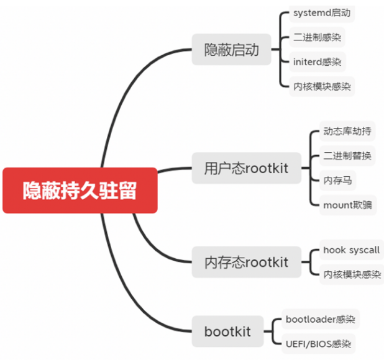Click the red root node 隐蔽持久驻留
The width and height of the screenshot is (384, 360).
click(x=80, y=191)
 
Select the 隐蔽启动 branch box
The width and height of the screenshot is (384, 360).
click(x=231, y=50)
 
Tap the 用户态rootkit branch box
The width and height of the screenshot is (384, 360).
click(x=246, y=168)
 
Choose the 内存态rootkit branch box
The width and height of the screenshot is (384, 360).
click(x=246, y=262)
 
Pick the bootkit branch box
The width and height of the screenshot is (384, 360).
click(x=227, y=331)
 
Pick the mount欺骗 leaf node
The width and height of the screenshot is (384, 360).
click(x=348, y=204)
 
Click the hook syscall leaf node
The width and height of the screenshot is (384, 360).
click(x=350, y=250)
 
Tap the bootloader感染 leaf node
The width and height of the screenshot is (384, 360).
click(x=320, y=320)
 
